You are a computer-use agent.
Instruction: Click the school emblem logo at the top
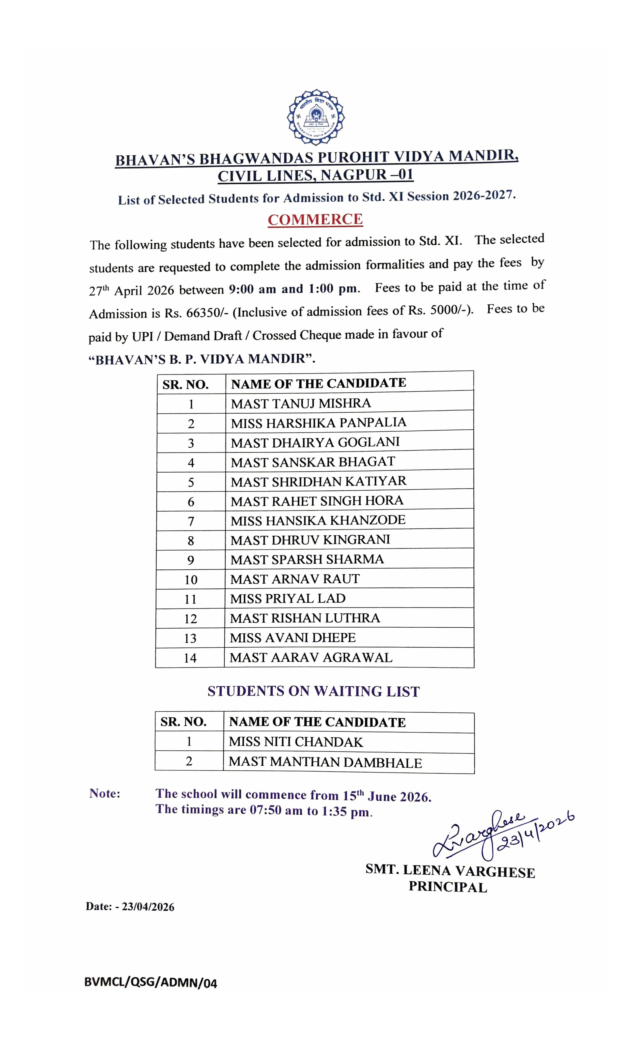point(316,116)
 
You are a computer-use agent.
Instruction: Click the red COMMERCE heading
point(315,219)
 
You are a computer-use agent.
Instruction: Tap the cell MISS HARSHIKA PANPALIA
point(318,423)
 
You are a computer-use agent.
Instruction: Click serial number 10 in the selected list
point(191,580)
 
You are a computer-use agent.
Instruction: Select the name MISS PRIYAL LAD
point(288,599)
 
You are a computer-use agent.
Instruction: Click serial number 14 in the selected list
point(190,658)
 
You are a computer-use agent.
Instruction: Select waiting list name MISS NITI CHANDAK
point(296,742)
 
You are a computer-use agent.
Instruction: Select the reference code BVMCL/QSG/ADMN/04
point(150,983)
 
